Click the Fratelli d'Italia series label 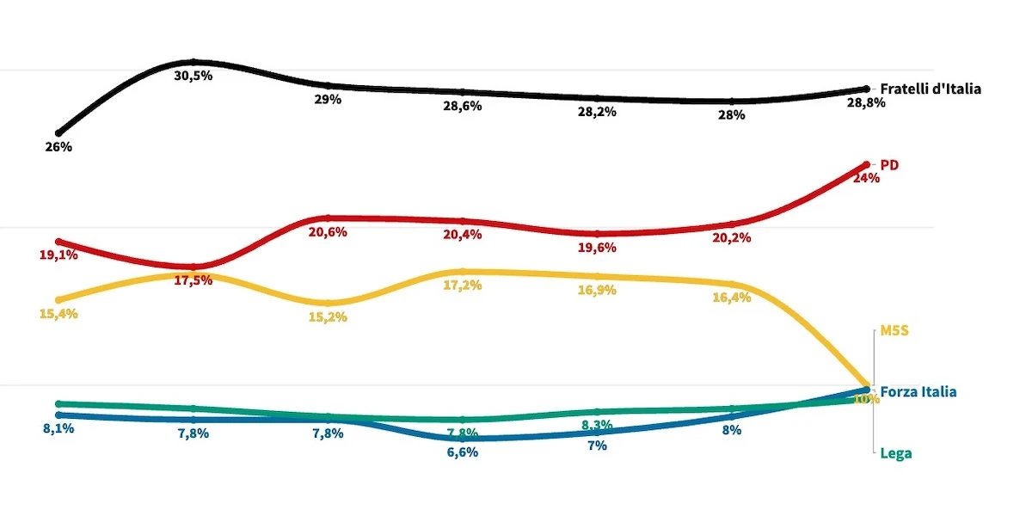(x=931, y=89)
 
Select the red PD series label (x=889, y=164)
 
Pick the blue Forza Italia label (x=918, y=392)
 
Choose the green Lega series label (x=895, y=453)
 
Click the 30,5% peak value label (x=193, y=76)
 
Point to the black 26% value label (x=58, y=147)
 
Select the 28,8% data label (x=866, y=102)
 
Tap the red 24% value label (x=866, y=179)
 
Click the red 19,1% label (x=58, y=255)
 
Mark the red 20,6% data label (x=328, y=232)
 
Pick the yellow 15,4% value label (x=58, y=314)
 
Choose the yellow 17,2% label (x=463, y=286)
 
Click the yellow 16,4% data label (x=732, y=298)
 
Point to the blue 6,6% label (x=463, y=452)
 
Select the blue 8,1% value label (x=58, y=428)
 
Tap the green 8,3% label (x=597, y=425)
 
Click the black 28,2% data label (x=597, y=112)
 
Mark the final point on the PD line (x=866, y=164)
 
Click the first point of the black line (x=58, y=133)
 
